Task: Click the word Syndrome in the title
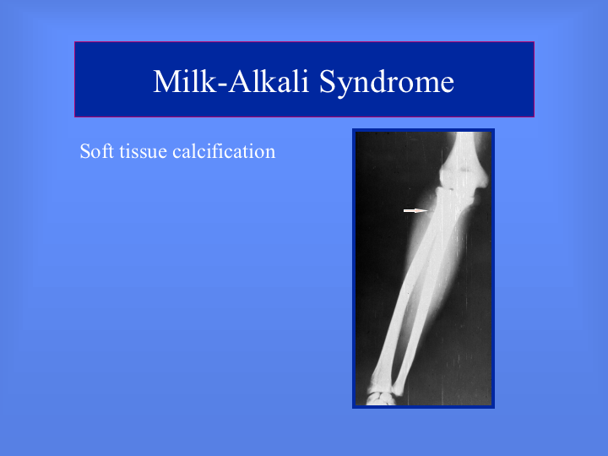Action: [387, 83]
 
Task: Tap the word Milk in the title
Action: [185, 81]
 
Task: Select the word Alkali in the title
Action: [269, 81]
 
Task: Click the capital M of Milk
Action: [166, 81]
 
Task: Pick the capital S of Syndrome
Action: [328, 81]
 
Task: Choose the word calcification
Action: [224, 151]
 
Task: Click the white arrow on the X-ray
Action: [416, 210]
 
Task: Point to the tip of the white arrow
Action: [428, 210]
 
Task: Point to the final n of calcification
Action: [270, 154]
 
